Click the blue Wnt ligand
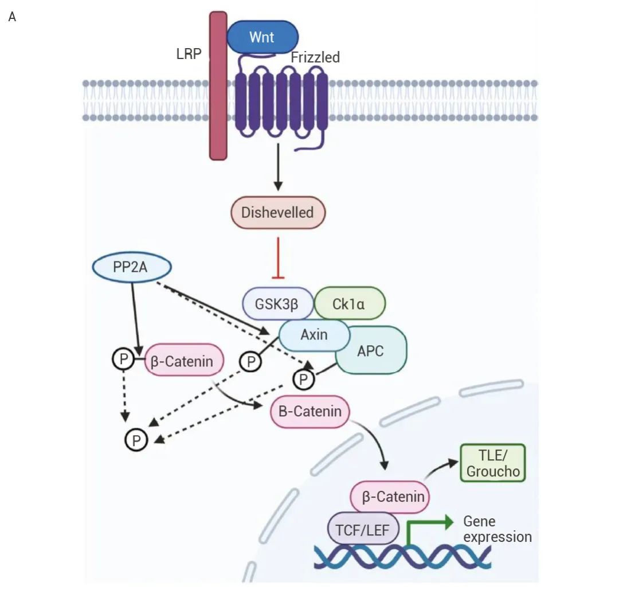[x=263, y=37]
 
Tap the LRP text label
[x=189, y=56]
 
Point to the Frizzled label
[x=315, y=57]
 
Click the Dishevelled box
[x=278, y=213]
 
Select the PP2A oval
[x=131, y=268]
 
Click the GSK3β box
[x=277, y=303]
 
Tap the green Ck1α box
[x=348, y=303]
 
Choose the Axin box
[x=314, y=335]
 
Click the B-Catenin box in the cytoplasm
[x=309, y=411]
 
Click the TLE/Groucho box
[x=492, y=463]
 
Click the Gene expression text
[x=496, y=529]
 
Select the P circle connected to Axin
[x=250, y=361]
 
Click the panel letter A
[x=12, y=17]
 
